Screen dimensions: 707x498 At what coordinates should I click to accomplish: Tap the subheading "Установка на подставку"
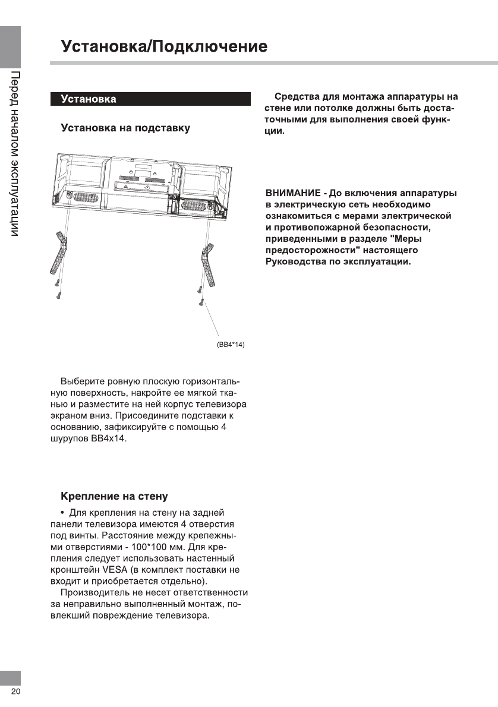tap(126, 128)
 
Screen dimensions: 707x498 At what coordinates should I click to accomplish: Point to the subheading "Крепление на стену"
tap(115, 496)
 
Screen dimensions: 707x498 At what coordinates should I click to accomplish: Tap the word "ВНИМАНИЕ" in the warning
tap(292, 194)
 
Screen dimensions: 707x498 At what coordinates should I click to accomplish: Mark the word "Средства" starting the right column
tap(296, 97)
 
